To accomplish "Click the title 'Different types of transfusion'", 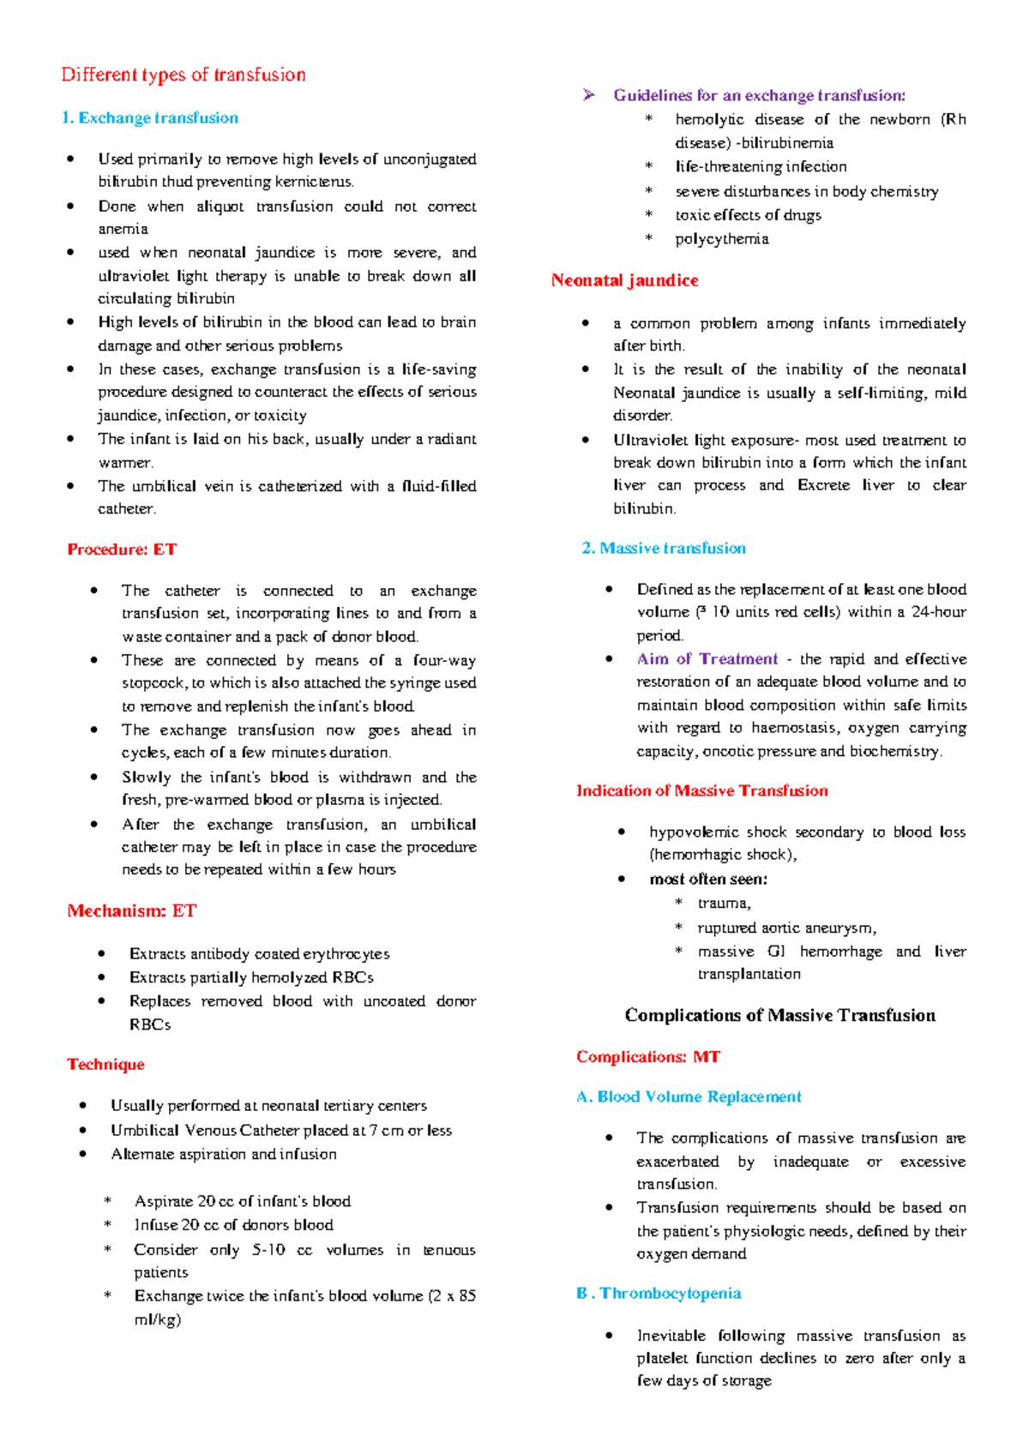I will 184,75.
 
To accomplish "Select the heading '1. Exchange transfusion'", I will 150,118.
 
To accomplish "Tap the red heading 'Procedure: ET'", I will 122,550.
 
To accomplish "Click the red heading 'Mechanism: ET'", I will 132,911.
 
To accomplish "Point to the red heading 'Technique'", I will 105,1065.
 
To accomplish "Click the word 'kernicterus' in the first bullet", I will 314,182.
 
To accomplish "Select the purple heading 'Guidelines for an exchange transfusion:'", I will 759,96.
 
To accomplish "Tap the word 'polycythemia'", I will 721,239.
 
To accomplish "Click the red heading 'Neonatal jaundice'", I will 624,280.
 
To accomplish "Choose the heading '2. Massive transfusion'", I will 663,549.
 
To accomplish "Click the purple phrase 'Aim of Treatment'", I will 707,659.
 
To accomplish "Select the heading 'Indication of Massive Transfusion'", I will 701,791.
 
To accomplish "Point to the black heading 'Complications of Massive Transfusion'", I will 779,1016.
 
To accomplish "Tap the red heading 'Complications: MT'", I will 647,1057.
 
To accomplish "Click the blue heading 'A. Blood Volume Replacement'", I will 689,1097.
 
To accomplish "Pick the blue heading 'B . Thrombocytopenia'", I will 659,1294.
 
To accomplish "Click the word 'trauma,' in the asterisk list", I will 724,904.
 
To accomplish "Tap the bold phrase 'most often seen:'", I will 708,880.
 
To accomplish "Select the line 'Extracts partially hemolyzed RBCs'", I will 251,978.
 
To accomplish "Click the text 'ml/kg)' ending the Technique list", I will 158,1319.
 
